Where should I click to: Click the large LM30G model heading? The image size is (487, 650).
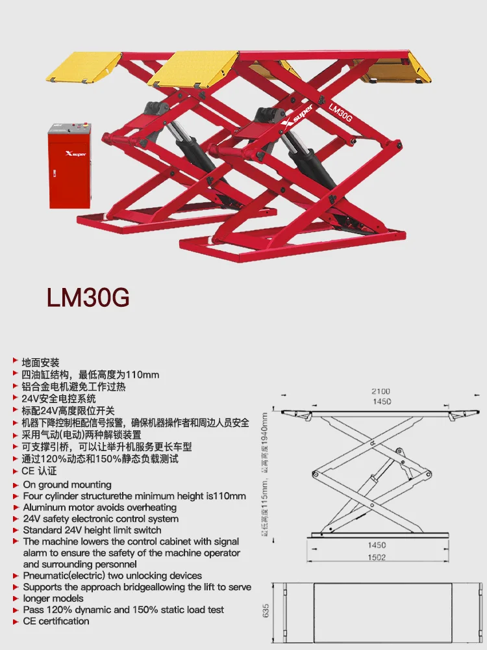tap(88, 296)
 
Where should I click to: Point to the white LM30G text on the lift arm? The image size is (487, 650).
tap(340, 111)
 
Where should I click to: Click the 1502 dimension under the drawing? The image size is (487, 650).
tap(377, 557)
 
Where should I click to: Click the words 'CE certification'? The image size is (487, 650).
tap(56, 621)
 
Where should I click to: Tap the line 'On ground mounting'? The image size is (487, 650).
tap(67, 484)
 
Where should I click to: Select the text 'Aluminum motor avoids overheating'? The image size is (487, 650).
tap(99, 507)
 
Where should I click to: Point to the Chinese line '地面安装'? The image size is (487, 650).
tap(40, 363)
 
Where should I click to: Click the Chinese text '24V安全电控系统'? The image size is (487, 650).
tap(58, 398)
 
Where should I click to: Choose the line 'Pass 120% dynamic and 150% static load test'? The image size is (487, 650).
tap(123, 610)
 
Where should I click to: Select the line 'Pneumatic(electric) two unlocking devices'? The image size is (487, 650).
tap(112, 575)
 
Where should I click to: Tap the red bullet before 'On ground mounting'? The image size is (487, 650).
tap(15, 484)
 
